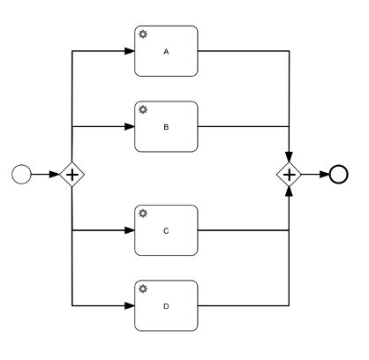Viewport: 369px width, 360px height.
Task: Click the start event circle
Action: click(x=21, y=175)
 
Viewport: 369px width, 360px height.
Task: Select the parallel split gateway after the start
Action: click(x=72, y=175)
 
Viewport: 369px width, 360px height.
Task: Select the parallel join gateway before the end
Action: click(x=289, y=174)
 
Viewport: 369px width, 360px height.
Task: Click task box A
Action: click(x=166, y=51)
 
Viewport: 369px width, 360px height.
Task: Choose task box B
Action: click(x=166, y=126)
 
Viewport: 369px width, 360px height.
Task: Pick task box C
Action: click(x=166, y=230)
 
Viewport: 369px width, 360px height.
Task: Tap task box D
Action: click(x=166, y=305)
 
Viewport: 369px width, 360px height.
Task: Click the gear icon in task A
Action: click(x=142, y=34)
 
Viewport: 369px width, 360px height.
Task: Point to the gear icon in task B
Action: click(x=142, y=109)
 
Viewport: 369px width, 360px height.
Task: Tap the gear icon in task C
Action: click(x=142, y=214)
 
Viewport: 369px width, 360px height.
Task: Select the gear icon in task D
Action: click(x=142, y=289)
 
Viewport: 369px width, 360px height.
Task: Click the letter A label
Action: click(x=166, y=51)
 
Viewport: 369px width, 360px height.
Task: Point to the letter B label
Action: click(x=166, y=127)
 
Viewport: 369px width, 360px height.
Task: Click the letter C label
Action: click(x=166, y=231)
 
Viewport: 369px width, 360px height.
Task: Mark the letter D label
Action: click(x=166, y=306)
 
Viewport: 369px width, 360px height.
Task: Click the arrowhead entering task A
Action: click(x=129, y=51)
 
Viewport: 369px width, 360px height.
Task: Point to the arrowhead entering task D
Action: click(x=129, y=305)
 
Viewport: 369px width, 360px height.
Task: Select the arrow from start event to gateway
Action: click(x=44, y=175)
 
